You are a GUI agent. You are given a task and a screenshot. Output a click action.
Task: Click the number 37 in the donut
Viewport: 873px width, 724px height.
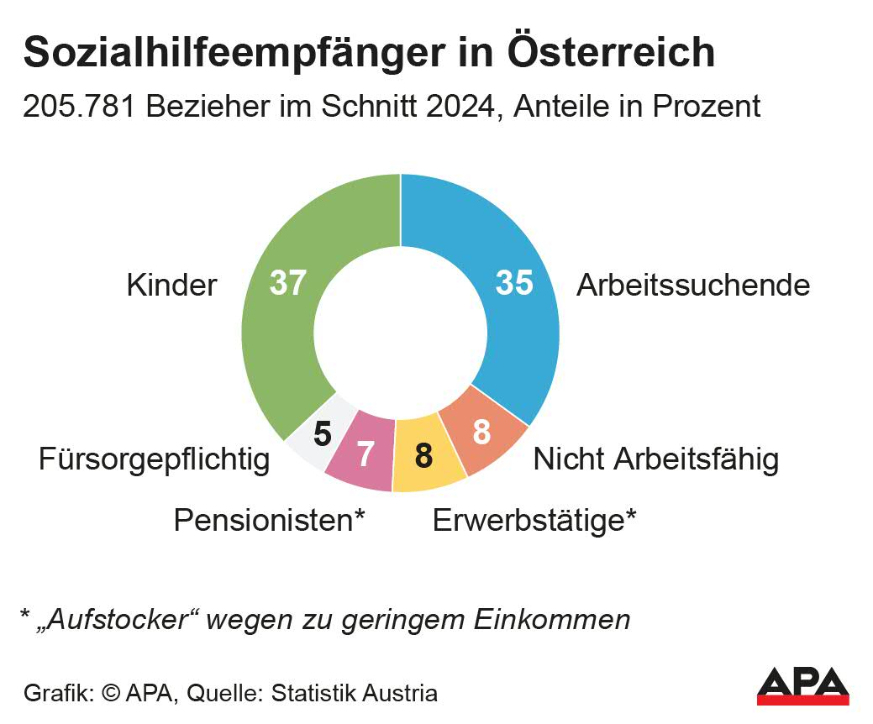click(287, 283)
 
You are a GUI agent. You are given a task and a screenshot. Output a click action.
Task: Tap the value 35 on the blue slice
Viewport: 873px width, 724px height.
click(514, 283)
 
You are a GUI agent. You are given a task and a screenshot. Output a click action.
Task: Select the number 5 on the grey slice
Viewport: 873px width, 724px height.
click(323, 434)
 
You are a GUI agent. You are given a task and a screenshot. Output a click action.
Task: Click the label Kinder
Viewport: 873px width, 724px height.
click(171, 286)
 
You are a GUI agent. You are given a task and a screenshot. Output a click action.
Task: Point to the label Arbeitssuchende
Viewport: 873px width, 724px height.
click(692, 286)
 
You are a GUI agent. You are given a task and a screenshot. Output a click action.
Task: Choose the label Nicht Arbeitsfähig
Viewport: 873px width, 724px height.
click(655, 459)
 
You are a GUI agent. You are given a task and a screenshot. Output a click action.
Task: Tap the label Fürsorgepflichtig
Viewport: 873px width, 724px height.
click(155, 459)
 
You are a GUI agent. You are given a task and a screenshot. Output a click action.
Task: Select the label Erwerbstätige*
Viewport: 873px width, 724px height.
click(534, 520)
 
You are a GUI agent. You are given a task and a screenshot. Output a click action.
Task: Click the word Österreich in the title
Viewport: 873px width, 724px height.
click(612, 52)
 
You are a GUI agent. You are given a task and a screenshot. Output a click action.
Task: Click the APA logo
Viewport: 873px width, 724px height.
click(802, 685)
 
